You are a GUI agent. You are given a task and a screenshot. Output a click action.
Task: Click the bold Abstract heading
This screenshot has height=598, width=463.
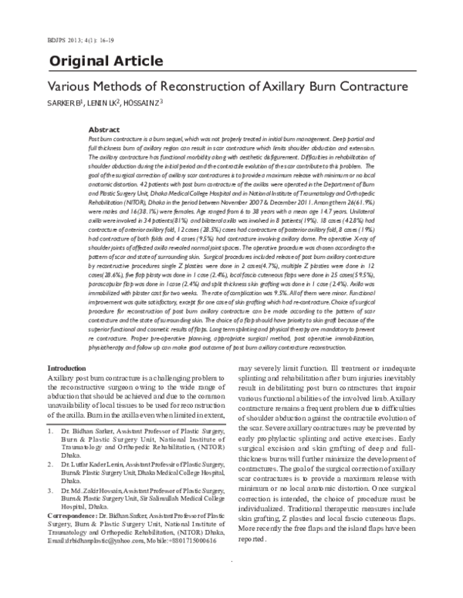click(x=104, y=130)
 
